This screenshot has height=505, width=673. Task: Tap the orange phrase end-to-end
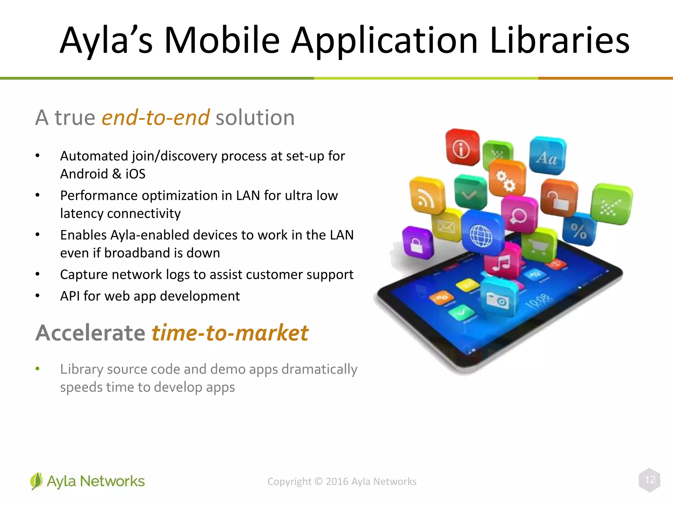[x=155, y=117]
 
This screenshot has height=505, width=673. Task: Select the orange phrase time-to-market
[x=230, y=333]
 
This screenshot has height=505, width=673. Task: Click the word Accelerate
[x=90, y=333]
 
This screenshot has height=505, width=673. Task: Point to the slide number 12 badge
[x=650, y=480]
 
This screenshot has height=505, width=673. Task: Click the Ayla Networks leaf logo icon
[x=36, y=481]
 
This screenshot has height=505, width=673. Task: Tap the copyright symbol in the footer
[x=318, y=481]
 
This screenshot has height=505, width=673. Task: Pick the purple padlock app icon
[x=417, y=243]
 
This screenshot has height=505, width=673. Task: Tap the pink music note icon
[x=502, y=262]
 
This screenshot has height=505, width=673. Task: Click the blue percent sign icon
[x=579, y=230]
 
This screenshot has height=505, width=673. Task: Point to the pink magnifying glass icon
[x=519, y=214]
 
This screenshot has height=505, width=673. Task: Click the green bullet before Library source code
[x=37, y=369]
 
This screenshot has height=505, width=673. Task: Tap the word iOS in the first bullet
[x=135, y=174]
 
